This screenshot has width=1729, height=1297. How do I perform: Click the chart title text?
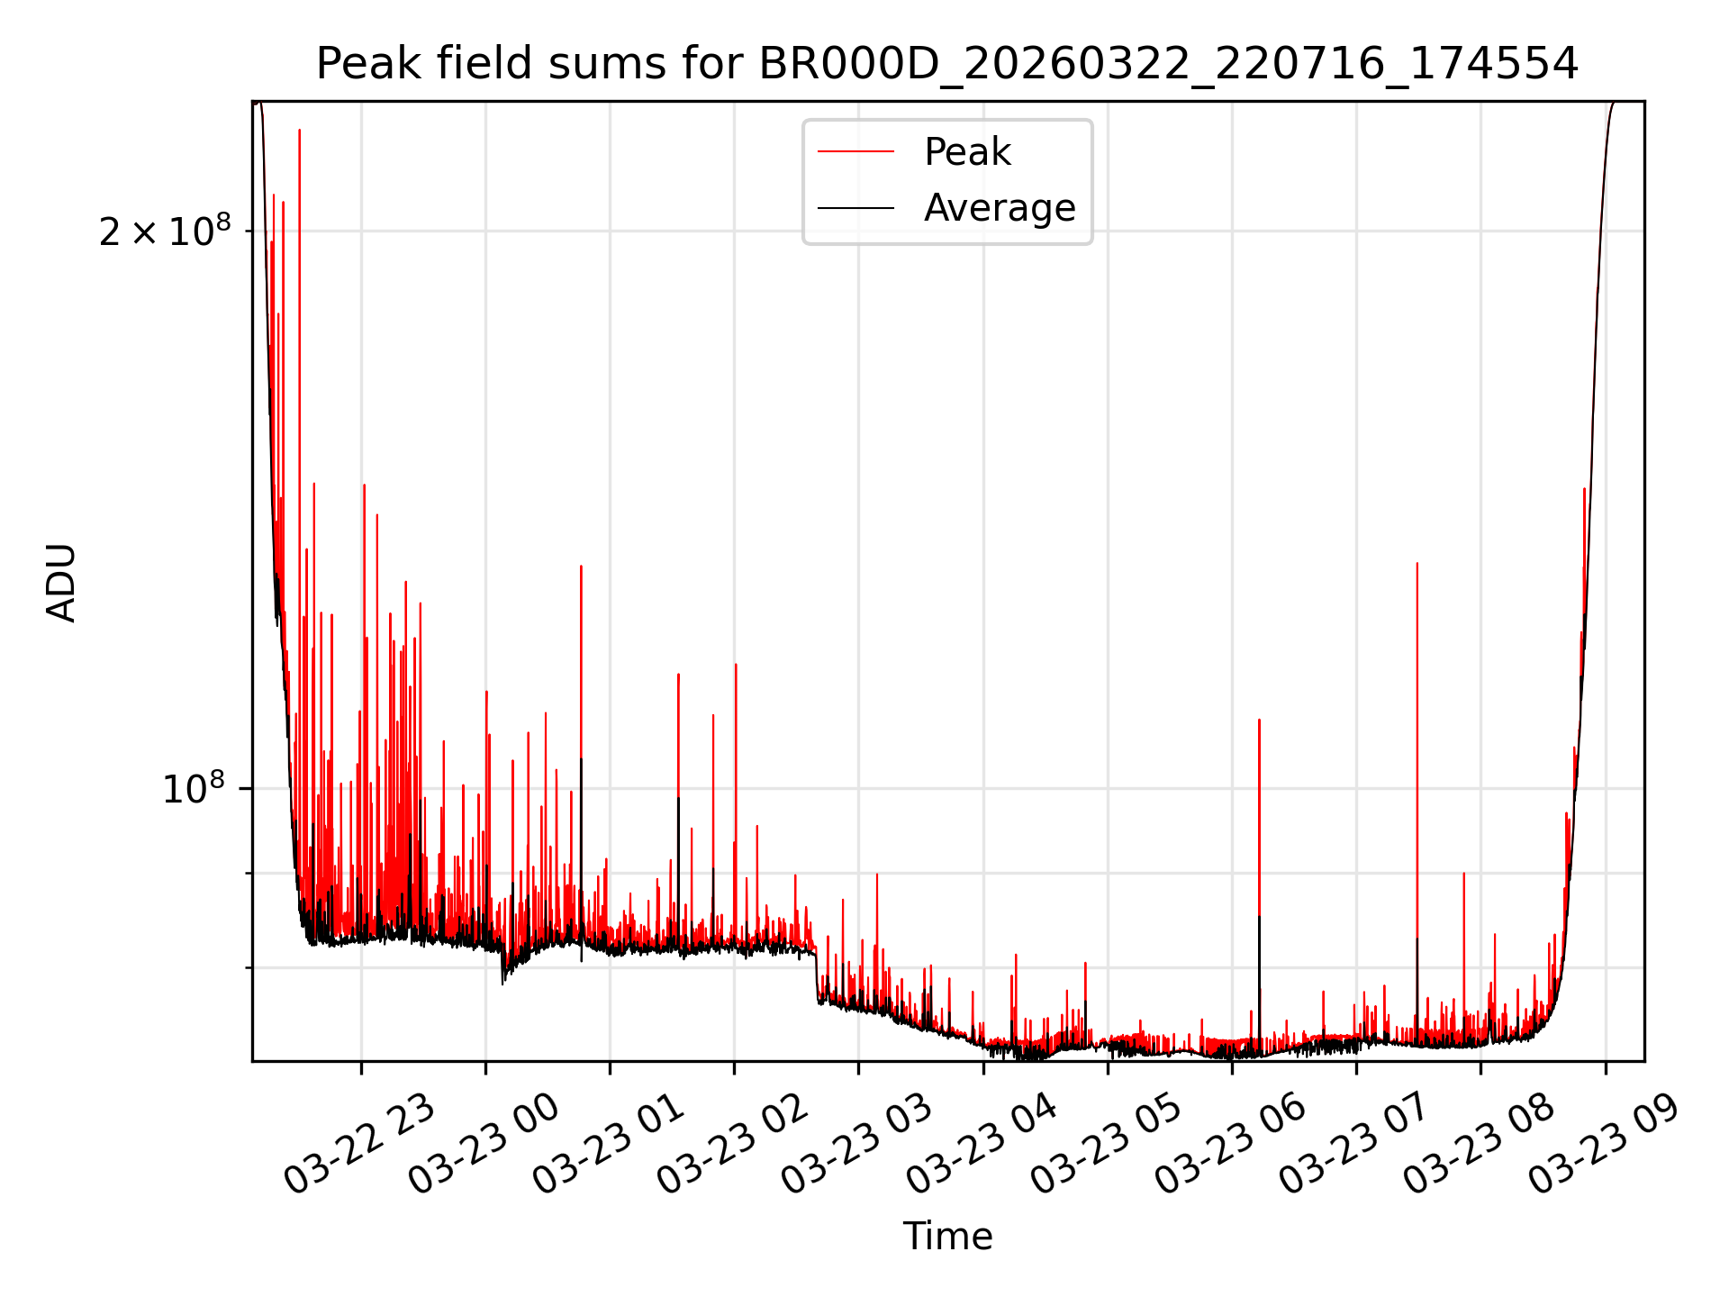point(947,64)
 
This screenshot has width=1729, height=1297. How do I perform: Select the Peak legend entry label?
point(967,152)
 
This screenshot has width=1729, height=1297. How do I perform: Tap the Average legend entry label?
point(1000,208)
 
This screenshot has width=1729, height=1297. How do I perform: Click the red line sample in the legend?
point(855,152)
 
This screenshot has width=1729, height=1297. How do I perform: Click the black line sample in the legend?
point(855,208)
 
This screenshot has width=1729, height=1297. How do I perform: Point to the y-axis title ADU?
point(62,582)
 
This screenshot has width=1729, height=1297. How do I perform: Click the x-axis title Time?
point(947,1237)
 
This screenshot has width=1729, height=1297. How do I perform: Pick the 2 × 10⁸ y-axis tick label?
point(165,231)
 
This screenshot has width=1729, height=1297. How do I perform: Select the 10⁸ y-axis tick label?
point(193,789)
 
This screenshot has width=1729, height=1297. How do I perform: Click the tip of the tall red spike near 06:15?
point(1259,721)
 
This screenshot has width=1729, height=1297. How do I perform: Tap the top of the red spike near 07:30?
point(1417,564)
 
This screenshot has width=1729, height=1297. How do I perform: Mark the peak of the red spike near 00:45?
point(581,567)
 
